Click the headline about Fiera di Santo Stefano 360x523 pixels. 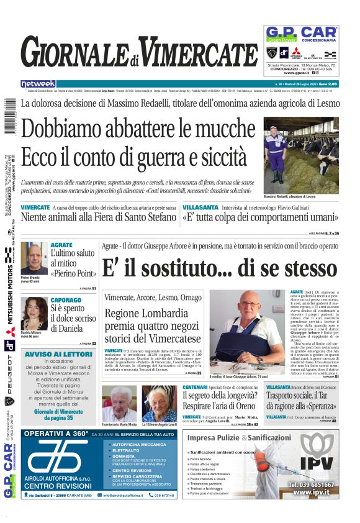click(99, 217)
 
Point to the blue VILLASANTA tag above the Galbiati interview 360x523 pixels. click(200, 207)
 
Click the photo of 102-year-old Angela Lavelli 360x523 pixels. click(159, 403)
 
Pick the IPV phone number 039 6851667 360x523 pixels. click(312, 484)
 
